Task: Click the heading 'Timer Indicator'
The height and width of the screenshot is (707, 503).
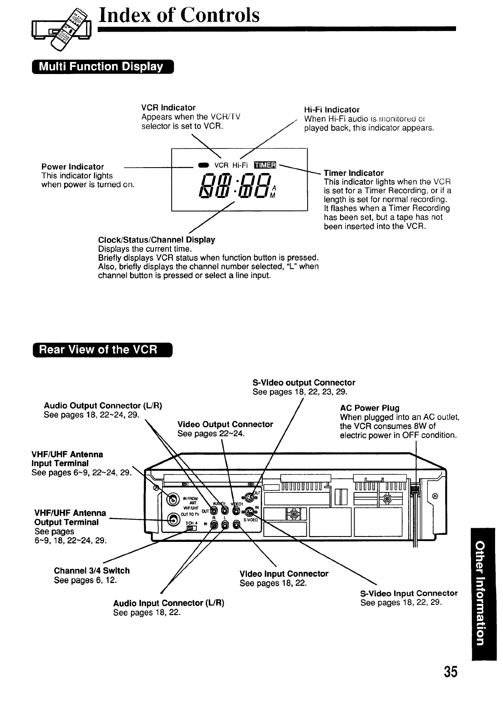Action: (354, 173)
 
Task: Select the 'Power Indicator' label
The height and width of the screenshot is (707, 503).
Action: (73, 167)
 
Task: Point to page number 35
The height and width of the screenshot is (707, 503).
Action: (450, 672)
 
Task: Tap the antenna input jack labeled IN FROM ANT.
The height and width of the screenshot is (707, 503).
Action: (173, 500)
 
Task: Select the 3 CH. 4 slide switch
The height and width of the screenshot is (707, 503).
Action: (191, 528)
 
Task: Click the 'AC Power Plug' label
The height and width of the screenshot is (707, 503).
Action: (370, 408)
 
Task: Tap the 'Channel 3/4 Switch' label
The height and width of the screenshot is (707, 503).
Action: (92, 571)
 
